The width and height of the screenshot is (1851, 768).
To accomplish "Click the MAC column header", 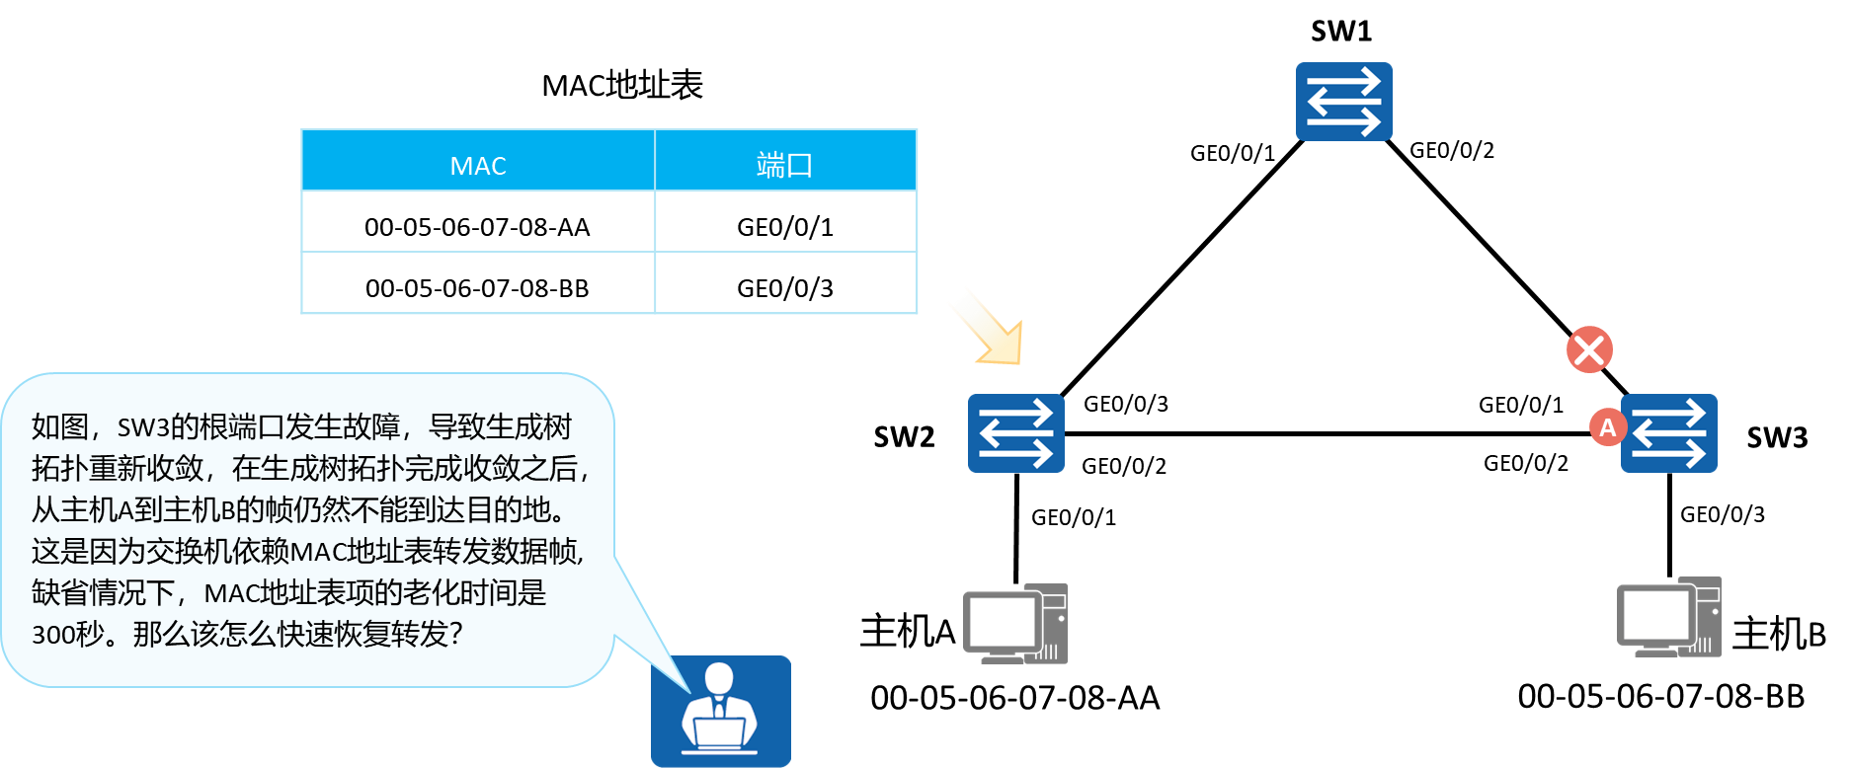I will click(x=478, y=165).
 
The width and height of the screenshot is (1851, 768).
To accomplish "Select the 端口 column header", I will click(x=785, y=165).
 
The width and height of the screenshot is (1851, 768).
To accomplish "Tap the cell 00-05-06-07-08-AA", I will click(x=477, y=227).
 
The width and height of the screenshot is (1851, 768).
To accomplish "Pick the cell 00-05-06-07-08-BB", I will click(x=477, y=288).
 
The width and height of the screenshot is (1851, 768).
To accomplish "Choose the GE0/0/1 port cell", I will click(x=785, y=227).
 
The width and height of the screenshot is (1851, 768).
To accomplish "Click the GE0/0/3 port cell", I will click(x=785, y=288).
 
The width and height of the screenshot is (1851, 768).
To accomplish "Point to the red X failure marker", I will click(x=1589, y=349).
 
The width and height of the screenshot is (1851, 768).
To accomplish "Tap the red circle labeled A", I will click(x=1607, y=427).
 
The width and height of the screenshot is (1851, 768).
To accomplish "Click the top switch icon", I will click(x=1343, y=102).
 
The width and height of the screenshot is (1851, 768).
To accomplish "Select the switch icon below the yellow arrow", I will click(x=1015, y=433).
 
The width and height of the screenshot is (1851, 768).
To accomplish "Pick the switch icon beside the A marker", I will click(x=1670, y=433).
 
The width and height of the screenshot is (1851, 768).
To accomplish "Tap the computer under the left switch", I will click(x=1015, y=624).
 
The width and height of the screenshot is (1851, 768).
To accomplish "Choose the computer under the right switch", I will click(x=1668, y=618).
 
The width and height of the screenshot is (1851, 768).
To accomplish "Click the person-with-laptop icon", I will click(x=720, y=710).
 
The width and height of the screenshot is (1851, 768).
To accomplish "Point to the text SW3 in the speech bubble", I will click(x=143, y=427).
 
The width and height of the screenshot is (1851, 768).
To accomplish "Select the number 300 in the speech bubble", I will click(x=51, y=635).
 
